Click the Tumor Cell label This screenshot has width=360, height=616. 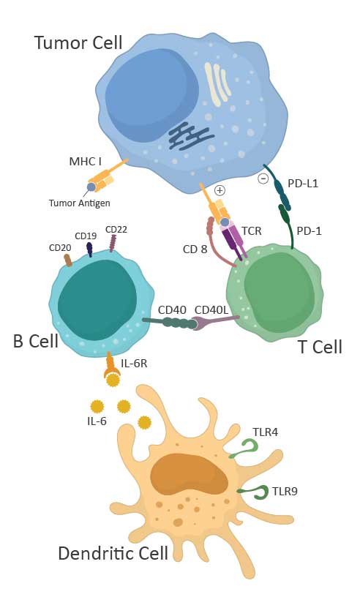(78, 42)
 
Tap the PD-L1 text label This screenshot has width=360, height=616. (303, 184)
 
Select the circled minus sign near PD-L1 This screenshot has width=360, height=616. (263, 179)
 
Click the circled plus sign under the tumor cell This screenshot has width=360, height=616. (220, 190)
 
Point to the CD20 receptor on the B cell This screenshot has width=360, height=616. (67, 260)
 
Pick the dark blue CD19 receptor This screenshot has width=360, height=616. (89, 249)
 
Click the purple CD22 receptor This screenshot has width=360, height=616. (113, 244)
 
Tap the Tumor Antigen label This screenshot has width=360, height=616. (79, 203)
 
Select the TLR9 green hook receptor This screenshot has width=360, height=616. (255, 492)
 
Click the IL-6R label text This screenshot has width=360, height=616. (134, 364)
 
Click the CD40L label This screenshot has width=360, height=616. (211, 310)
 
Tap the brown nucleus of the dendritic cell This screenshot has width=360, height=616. (189, 474)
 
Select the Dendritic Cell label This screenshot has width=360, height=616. (113, 553)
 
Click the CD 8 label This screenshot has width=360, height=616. (195, 249)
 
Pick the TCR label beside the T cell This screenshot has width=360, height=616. (252, 230)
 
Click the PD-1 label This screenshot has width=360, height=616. (309, 231)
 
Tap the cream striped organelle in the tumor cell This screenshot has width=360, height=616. (217, 84)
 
